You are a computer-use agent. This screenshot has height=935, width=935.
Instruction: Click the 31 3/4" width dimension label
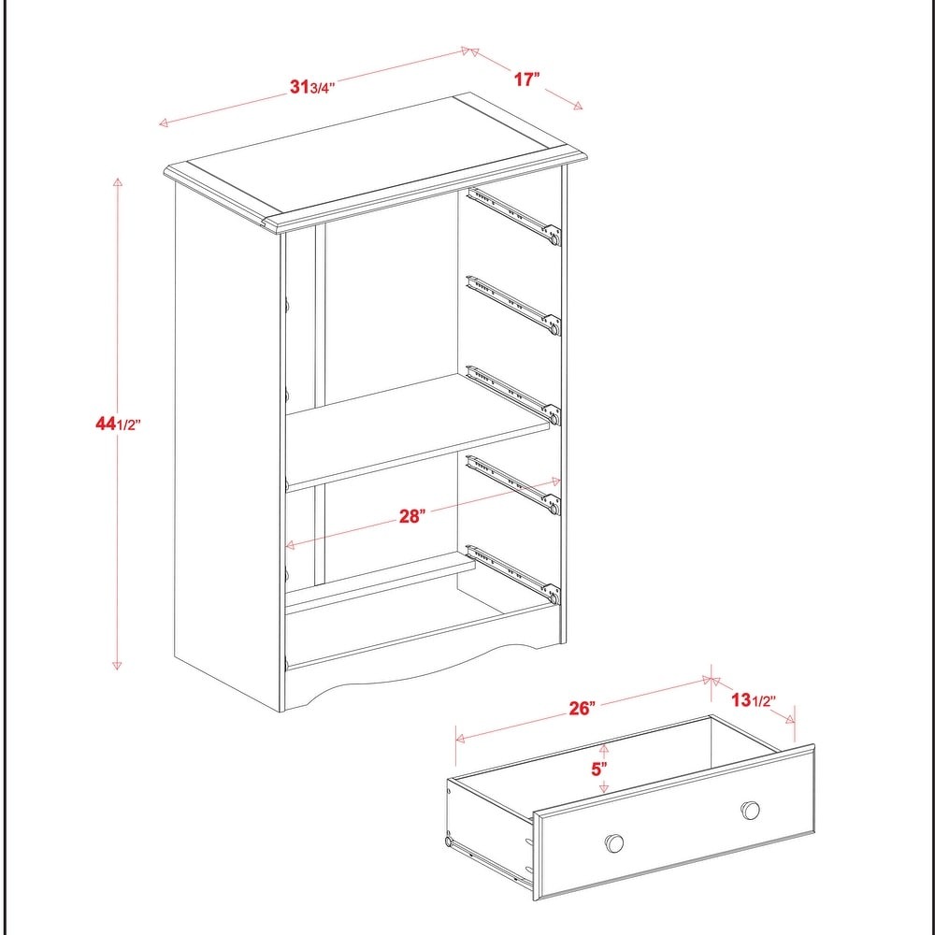coord(312,87)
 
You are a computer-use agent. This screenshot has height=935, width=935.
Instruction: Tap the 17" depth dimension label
coord(527,79)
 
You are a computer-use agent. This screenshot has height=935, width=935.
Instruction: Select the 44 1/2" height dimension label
coord(118,424)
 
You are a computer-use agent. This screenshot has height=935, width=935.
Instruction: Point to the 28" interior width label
coord(412,516)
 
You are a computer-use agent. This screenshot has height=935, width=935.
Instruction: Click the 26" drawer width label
coord(582,709)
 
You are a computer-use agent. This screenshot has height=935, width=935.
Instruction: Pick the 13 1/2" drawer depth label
coord(754,699)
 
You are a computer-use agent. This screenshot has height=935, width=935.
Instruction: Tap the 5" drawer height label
coord(599,769)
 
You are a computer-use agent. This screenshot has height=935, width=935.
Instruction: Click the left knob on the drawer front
coord(614,842)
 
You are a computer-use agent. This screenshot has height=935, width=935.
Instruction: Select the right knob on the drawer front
coord(750,810)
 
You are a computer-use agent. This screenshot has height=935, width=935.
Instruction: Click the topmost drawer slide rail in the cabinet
coord(514,217)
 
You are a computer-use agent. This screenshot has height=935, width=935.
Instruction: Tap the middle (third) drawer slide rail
coord(514,396)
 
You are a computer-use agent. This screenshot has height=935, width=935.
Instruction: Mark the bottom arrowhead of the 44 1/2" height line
coord(117,666)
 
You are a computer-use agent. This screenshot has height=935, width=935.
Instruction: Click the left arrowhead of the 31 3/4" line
coord(164,123)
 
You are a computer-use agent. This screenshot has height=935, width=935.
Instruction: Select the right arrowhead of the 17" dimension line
coord(578,107)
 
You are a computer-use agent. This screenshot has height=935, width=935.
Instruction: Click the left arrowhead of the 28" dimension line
coord(291,545)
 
